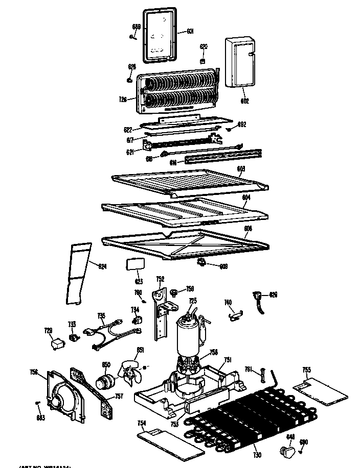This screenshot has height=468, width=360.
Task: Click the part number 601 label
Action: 190,32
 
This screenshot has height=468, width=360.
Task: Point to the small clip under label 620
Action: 203,61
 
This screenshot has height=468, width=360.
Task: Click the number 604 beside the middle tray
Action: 246,197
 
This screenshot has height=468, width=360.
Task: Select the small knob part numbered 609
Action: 201,262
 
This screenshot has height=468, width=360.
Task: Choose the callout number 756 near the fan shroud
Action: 34,372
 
